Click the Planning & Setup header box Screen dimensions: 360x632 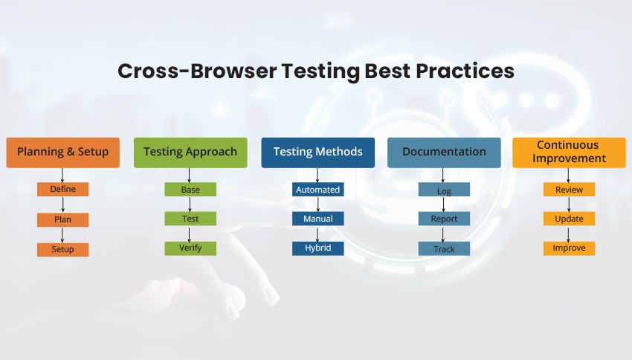(x=63, y=152)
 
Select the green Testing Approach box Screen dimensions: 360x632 (x=190, y=152)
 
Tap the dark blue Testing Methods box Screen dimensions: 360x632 (x=317, y=152)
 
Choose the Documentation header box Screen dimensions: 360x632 (x=444, y=152)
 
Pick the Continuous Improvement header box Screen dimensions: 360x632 (x=570, y=152)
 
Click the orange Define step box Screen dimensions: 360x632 (x=63, y=190)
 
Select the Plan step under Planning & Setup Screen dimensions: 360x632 (x=63, y=219)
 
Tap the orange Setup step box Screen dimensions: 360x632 (x=63, y=249)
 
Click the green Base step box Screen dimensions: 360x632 (x=190, y=190)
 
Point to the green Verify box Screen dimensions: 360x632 (x=190, y=248)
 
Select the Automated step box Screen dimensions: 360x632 (x=317, y=190)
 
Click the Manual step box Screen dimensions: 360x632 (x=317, y=219)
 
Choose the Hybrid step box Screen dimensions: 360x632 (x=317, y=248)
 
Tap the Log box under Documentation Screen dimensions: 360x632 (x=444, y=190)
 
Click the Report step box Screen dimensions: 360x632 (x=444, y=219)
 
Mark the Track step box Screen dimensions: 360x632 (x=444, y=249)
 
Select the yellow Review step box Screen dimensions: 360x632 (x=570, y=190)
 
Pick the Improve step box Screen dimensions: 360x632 (x=570, y=248)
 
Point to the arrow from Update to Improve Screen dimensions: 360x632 (x=570, y=234)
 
